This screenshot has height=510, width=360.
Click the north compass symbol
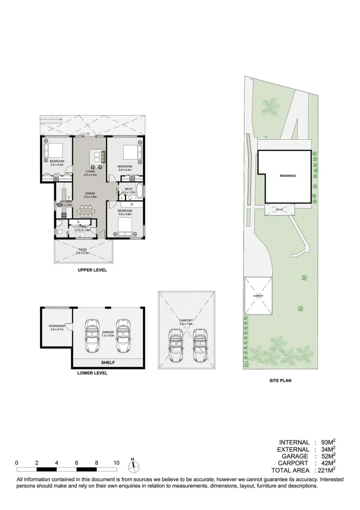(134, 466)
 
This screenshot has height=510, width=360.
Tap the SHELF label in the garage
(109, 363)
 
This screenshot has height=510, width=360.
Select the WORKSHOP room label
(57, 326)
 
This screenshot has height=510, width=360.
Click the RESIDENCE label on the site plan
(288, 176)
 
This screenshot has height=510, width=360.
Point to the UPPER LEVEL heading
(92, 271)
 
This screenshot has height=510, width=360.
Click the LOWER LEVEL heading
(92, 373)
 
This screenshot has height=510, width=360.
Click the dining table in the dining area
(86, 210)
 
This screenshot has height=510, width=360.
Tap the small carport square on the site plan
(258, 296)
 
